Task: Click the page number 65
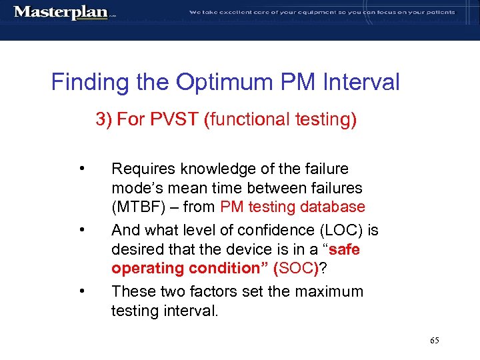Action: pyautogui.click(x=435, y=341)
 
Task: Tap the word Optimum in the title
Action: pyautogui.click(x=224, y=83)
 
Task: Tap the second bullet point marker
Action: pyautogui.click(x=81, y=231)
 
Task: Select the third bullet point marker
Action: pyautogui.click(x=81, y=291)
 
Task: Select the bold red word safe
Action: pyautogui.click(x=345, y=250)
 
